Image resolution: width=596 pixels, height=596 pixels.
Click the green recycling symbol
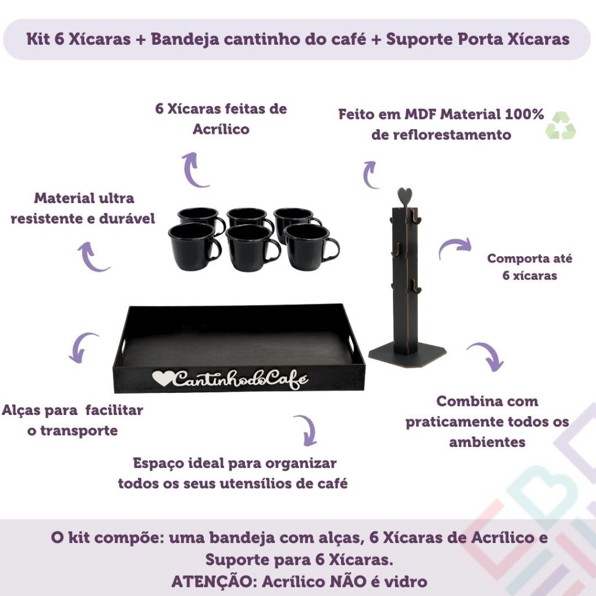pos(560,125)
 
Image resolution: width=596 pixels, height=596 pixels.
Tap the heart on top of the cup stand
pos(405,196)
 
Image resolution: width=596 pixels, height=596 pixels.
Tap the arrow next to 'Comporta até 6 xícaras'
pos(455,247)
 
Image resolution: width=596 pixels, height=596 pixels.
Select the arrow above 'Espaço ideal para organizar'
pos(308,430)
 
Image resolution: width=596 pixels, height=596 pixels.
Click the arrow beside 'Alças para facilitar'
pos(79,345)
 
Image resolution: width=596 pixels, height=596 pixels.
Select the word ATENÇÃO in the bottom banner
pos(213,581)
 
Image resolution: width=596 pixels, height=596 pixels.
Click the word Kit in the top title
pos(38,39)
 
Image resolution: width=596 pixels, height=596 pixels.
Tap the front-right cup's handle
pos(331,250)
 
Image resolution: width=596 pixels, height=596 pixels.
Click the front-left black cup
pos(194,247)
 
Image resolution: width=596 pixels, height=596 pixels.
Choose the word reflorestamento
pos(441,134)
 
